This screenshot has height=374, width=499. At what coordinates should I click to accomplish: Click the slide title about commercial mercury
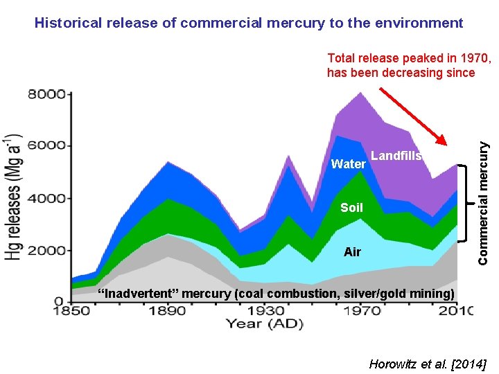coord(249,23)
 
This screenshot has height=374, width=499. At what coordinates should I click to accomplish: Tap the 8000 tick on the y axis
coord(46,93)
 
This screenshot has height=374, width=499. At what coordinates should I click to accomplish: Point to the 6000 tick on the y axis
coord(46,145)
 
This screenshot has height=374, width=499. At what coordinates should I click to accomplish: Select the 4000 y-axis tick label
coord(46,198)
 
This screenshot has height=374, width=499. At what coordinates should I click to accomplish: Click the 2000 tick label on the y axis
coord(46,250)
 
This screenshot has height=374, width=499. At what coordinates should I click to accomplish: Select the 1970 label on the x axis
coord(360,312)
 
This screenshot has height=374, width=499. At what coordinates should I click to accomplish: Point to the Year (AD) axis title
coord(263,323)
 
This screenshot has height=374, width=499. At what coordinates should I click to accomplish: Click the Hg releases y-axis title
coord(15,197)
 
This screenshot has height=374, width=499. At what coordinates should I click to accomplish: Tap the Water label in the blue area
coord(349,164)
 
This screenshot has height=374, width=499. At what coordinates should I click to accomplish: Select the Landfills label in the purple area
coord(396,156)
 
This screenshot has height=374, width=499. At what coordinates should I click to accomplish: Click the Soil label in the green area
coord(351,208)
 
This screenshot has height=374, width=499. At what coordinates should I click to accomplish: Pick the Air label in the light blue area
coord(352,252)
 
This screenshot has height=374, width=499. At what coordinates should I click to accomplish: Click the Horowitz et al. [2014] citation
coord(428,363)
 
